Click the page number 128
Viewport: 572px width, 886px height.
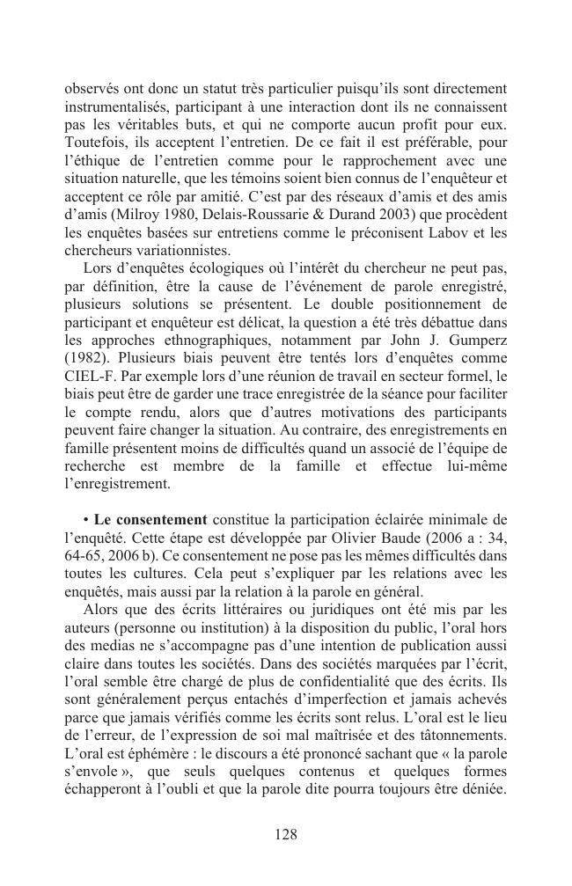(x=285, y=835)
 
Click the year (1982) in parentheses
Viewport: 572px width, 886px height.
(x=87, y=358)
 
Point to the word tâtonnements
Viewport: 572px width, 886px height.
(x=464, y=736)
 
